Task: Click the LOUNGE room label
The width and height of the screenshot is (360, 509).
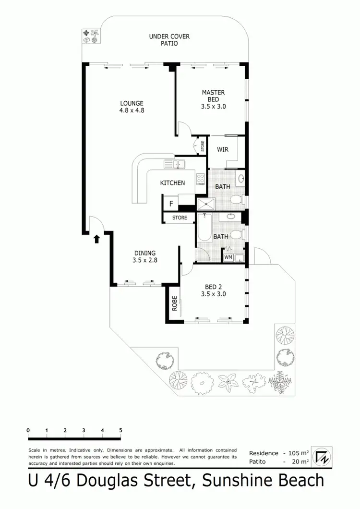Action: click(x=132, y=106)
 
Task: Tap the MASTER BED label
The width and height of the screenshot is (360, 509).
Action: click(x=213, y=99)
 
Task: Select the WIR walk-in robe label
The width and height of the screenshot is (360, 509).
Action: click(x=222, y=149)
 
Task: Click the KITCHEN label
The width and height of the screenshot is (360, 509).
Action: click(x=172, y=183)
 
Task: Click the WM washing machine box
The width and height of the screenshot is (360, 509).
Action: click(x=228, y=257)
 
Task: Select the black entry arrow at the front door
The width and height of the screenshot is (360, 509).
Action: click(x=96, y=239)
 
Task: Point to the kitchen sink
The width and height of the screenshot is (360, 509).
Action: click(x=175, y=164)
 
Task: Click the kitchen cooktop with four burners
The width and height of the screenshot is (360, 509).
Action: click(x=201, y=179)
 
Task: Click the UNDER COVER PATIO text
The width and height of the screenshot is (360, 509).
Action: click(x=163, y=40)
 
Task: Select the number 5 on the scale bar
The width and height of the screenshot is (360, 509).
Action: click(x=120, y=430)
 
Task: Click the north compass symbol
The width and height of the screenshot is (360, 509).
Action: click(x=320, y=457)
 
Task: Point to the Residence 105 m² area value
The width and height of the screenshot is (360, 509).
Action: click(x=298, y=453)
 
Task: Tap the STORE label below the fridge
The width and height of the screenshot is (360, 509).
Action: click(x=180, y=218)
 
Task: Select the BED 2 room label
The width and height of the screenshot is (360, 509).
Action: click(x=213, y=291)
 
